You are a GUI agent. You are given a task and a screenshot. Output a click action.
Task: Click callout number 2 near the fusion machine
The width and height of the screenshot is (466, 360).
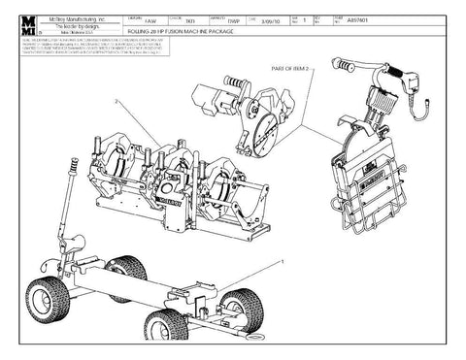116,101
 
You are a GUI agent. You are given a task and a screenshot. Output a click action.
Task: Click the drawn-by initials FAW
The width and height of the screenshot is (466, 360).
150,20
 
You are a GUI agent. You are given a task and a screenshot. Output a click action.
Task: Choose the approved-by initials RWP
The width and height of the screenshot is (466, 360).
233,20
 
